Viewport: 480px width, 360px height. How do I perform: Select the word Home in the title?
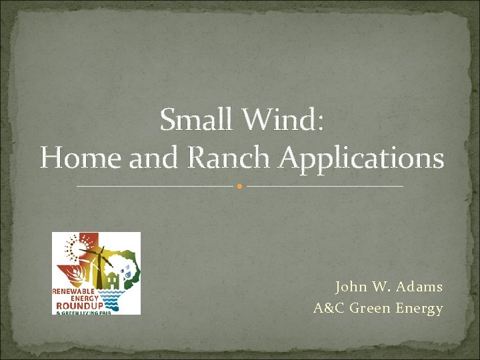[70, 159]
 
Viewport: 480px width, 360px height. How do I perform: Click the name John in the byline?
[350, 287]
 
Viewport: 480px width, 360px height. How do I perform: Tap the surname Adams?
[419, 287]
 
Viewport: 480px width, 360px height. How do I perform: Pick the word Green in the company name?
[370, 309]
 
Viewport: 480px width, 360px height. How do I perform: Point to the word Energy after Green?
[419, 309]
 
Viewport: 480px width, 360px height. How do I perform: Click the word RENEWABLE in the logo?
[74, 291]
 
